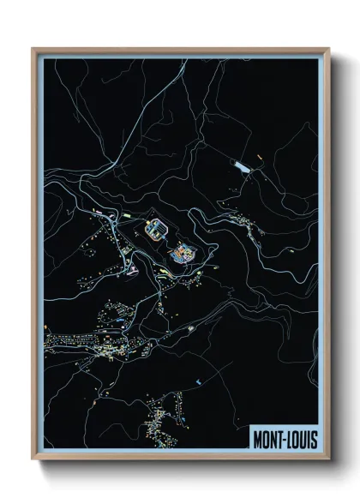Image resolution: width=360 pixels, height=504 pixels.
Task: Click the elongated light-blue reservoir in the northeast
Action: click(244, 167)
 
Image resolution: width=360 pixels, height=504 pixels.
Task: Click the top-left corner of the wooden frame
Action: click(33, 50)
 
